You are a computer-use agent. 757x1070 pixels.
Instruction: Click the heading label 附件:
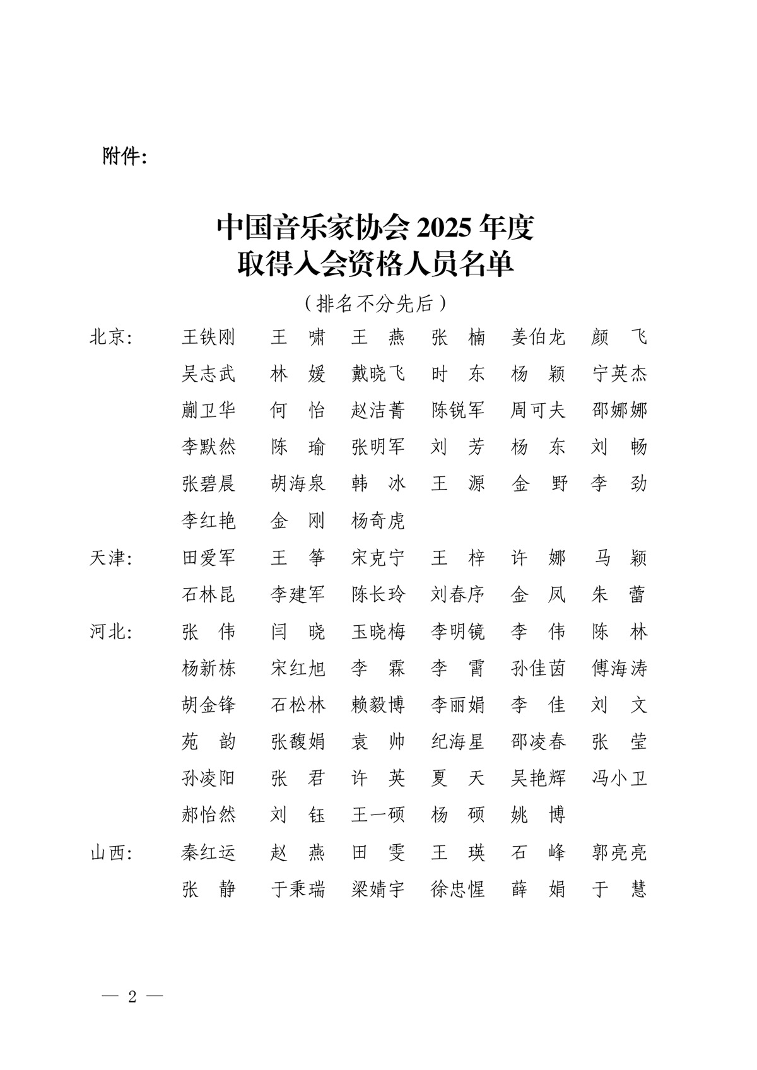(x=124, y=156)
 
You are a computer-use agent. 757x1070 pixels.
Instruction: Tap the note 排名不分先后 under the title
(x=375, y=303)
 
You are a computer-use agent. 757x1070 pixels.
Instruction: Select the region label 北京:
(x=111, y=338)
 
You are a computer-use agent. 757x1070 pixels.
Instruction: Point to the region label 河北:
(x=111, y=632)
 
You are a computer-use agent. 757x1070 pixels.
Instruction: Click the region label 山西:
(x=111, y=853)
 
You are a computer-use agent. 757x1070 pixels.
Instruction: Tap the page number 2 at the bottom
(x=132, y=997)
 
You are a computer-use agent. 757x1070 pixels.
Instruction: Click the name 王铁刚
(x=208, y=338)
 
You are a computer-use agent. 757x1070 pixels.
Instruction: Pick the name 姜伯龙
(x=538, y=338)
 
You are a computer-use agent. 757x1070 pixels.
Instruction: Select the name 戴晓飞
(x=378, y=374)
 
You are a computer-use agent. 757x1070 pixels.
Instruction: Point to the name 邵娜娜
(x=619, y=411)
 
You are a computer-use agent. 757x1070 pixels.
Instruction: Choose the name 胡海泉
(x=298, y=485)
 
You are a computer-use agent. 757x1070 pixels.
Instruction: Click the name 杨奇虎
(x=378, y=521)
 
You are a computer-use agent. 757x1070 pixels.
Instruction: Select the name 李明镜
(x=458, y=632)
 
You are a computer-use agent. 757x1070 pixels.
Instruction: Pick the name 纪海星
(x=458, y=742)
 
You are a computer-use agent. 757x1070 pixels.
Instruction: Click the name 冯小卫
(x=619, y=779)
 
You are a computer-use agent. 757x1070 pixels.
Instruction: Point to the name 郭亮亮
(x=619, y=853)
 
